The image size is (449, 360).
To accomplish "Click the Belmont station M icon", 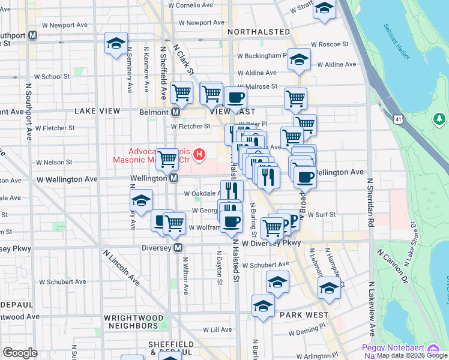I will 176,112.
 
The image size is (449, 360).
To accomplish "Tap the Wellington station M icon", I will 173,178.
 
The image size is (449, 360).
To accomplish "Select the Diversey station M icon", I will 178,247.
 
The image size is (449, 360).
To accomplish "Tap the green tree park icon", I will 439,119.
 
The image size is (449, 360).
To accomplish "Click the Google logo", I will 20,353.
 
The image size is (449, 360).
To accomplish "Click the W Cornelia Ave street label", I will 191,5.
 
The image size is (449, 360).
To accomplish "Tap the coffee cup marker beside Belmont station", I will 235,98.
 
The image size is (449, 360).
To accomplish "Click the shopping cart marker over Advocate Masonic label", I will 166,158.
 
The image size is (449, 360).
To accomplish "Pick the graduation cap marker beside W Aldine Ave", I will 298,60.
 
